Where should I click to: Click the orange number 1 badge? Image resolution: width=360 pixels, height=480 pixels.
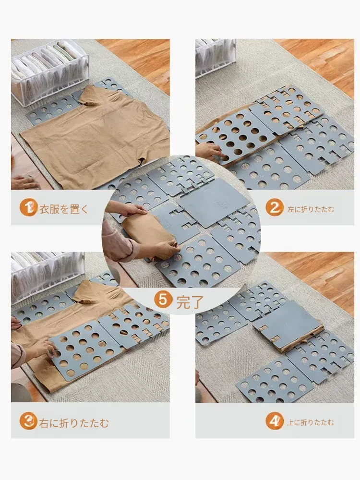[28, 207]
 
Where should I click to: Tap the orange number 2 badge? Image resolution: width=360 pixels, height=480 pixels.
[275, 208]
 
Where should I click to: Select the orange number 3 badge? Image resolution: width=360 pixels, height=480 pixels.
[28, 421]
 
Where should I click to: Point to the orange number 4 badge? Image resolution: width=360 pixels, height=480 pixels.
[275, 421]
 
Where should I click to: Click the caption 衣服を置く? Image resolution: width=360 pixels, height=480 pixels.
[64, 209]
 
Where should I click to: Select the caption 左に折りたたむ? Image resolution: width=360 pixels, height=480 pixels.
[311, 209]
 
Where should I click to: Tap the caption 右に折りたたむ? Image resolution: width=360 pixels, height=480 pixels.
[74, 423]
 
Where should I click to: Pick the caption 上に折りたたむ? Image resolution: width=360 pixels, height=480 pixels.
[310, 423]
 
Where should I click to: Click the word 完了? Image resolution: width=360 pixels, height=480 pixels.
[190, 302]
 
